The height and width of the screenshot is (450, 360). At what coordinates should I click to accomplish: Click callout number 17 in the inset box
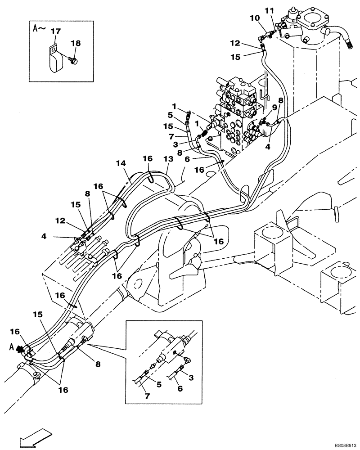(55, 31)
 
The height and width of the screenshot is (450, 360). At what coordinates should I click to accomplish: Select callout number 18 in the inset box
(75, 43)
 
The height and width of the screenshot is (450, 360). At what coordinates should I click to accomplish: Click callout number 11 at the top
(269, 10)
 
